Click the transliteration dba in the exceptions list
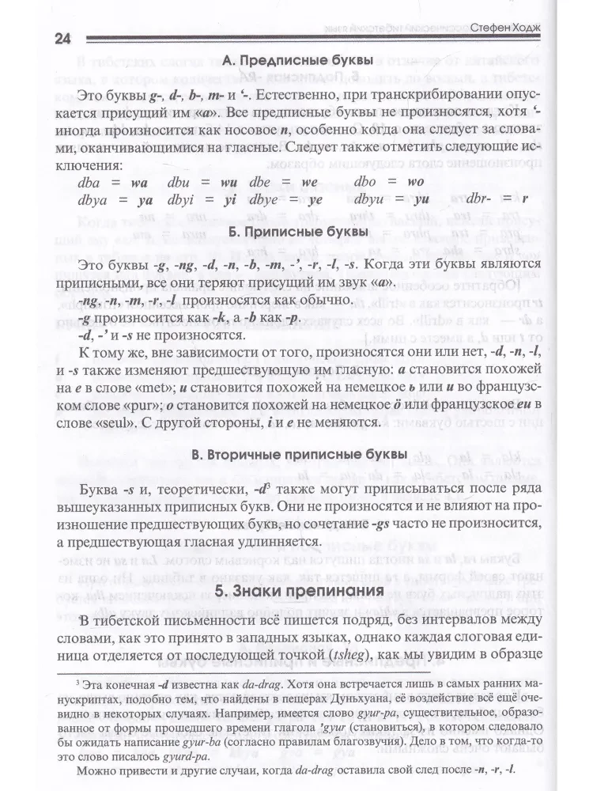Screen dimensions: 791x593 click(x=93, y=182)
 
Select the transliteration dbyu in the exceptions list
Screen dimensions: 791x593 click(x=371, y=199)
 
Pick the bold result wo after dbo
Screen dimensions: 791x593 click(x=415, y=182)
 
